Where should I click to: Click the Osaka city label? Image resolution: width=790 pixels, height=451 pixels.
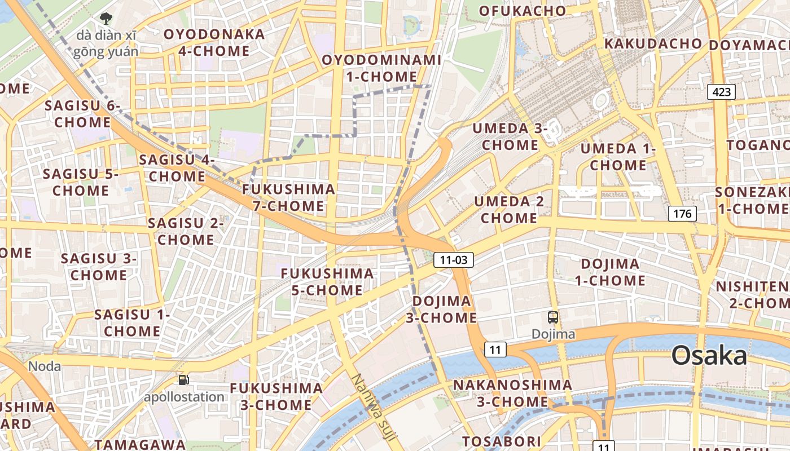pyautogui.click(x=709, y=356)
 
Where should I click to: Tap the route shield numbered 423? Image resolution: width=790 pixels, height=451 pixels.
pyautogui.click(x=722, y=91)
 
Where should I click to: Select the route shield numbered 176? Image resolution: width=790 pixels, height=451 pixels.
pyautogui.click(x=682, y=214)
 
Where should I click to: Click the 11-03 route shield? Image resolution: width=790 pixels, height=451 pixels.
pyautogui.click(x=453, y=260)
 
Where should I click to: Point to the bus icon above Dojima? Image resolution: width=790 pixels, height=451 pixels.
pyautogui.click(x=553, y=317)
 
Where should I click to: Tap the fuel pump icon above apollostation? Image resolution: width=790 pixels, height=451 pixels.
pyautogui.click(x=183, y=380)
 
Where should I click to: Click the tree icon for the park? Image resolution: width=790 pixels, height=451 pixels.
pyautogui.click(x=106, y=19)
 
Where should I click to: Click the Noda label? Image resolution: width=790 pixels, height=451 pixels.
pyautogui.click(x=45, y=366)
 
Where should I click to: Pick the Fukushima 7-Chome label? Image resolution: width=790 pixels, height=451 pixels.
pyautogui.click(x=289, y=197)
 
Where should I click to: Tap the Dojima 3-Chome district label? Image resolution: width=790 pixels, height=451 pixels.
pyautogui.click(x=441, y=309)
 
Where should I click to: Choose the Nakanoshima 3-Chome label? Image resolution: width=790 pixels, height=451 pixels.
pyautogui.click(x=512, y=393)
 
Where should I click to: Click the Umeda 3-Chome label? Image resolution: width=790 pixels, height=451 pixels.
pyautogui.click(x=510, y=136)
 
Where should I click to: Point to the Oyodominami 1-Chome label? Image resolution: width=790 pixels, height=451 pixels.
pyautogui.click(x=381, y=68)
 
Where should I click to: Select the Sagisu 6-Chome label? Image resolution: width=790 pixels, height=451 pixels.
pyautogui.click(x=83, y=114)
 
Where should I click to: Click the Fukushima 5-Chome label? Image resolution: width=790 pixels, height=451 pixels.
pyautogui.click(x=327, y=282)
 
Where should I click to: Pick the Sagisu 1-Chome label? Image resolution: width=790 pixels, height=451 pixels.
pyautogui.click(x=132, y=322)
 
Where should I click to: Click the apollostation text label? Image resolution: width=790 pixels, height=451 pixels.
pyautogui.click(x=184, y=397)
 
